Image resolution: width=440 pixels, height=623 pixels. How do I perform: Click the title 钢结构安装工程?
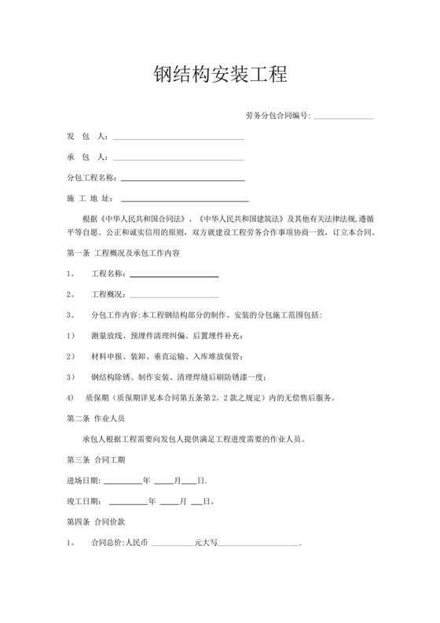[x=219, y=76]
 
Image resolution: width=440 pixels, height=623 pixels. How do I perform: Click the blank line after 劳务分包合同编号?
[x=343, y=117]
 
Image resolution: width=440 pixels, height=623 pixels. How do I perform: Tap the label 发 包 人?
[x=86, y=137]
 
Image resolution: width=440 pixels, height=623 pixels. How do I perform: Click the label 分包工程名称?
[x=91, y=178]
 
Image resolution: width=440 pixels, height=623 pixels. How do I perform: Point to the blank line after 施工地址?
[x=185, y=198]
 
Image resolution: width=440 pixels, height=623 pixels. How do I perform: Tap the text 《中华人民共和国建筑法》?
[x=239, y=218]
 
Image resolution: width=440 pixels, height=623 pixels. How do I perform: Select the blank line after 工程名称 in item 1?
[x=174, y=274]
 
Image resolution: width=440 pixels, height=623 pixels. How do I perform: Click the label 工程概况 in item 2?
[x=108, y=294]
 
